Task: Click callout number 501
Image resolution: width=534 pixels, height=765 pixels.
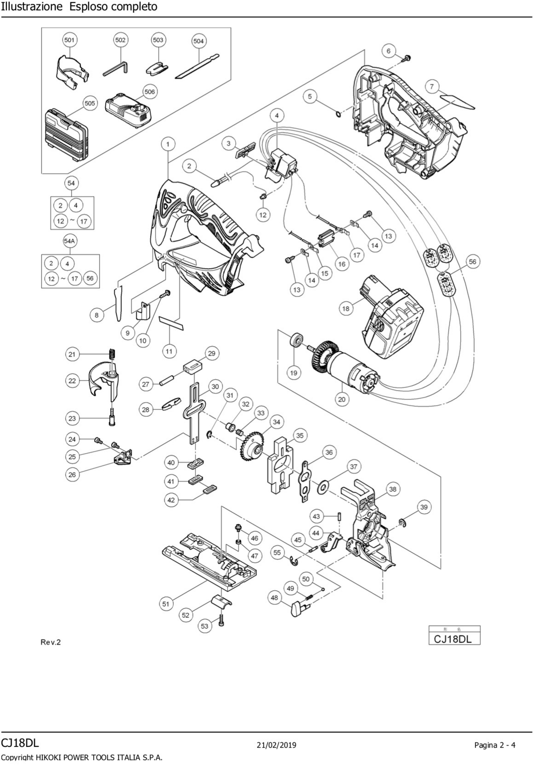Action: [x=69, y=40]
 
